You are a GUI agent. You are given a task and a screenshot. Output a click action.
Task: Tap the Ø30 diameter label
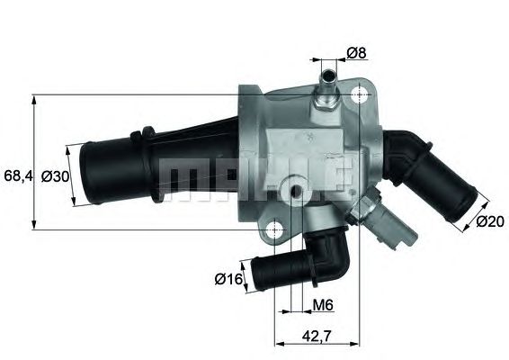56,175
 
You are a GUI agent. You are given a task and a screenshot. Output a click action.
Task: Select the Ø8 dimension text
357,53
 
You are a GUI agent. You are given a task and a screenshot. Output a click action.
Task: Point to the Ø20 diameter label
488,220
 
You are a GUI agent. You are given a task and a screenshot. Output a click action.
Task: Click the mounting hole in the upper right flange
361,95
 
